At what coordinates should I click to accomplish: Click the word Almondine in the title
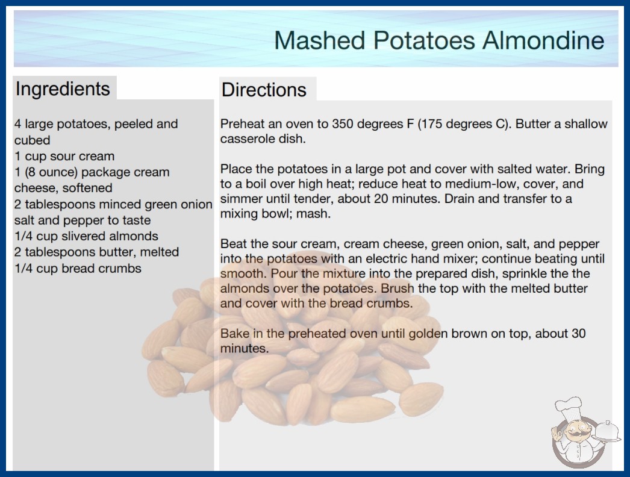(x=544, y=40)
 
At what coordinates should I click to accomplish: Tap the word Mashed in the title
(x=320, y=40)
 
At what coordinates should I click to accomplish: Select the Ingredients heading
(x=63, y=89)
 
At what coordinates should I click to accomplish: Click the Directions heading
(x=264, y=90)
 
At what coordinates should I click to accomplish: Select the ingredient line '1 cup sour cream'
(x=64, y=156)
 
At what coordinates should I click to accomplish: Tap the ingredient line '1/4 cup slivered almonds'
(x=86, y=236)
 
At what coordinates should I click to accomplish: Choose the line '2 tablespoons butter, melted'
(x=96, y=252)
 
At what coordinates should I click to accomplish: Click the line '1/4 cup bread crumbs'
(x=78, y=268)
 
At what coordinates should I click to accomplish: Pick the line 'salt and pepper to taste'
(x=83, y=220)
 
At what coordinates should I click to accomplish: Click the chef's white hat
(x=569, y=407)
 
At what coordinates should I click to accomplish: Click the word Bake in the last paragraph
(x=234, y=333)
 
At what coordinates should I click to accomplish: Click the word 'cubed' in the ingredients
(x=32, y=140)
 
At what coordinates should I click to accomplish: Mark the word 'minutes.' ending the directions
(x=245, y=348)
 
